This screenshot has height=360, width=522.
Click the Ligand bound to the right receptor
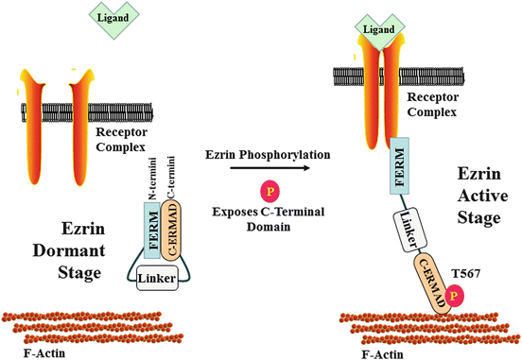[379, 32]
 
